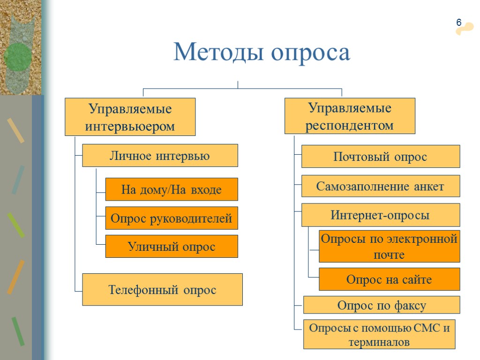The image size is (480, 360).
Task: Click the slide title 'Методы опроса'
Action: (x=262, y=52)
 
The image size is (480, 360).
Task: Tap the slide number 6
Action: (x=459, y=23)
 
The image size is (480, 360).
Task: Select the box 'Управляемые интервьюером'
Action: (x=130, y=117)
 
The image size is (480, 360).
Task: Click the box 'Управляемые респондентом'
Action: (x=350, y=116)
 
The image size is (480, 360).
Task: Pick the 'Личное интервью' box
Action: (x=160, y=156)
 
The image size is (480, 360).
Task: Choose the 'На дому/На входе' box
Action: (x=171, y=189)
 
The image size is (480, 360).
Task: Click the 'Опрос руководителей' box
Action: (x=171, y=218)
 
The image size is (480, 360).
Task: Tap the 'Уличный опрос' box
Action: (x=171, y=247)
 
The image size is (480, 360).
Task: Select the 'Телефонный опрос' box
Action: (x=162, y=290)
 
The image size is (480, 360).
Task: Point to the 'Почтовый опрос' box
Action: (x=380, y=157)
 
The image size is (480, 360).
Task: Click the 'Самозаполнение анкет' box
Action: (x=380, y=186)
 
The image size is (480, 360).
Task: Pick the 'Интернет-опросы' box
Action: (x=380, y=215)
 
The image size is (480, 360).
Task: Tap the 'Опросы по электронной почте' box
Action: (x=389, y=247)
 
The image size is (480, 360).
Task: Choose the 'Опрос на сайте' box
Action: (x=389, y=279)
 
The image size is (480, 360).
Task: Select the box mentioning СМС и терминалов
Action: (x=379, y=335)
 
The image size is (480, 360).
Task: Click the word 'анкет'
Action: (x=428, y=187)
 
